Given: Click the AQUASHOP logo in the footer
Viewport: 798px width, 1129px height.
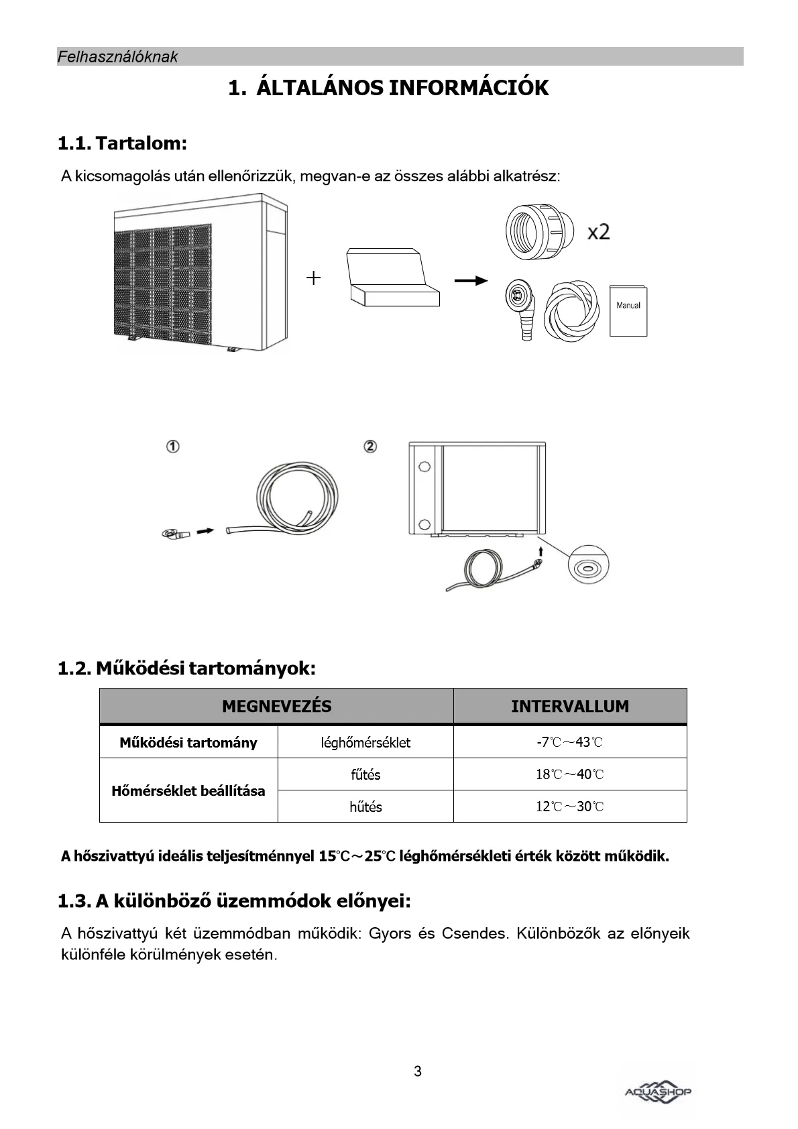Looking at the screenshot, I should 658,1091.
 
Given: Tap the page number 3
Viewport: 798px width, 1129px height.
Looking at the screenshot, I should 418,1071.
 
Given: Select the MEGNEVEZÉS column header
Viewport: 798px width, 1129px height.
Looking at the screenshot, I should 276,706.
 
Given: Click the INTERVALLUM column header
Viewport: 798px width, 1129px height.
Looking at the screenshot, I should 570,706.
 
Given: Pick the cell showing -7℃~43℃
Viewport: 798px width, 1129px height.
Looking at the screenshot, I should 570,742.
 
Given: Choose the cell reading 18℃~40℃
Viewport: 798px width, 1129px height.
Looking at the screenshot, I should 570,774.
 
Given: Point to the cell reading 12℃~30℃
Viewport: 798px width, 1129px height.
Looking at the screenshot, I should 570,807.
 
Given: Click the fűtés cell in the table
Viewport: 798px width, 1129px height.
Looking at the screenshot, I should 365,774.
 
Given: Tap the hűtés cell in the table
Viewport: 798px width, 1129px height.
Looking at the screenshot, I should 365,807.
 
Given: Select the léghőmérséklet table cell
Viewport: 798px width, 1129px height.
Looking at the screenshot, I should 365,742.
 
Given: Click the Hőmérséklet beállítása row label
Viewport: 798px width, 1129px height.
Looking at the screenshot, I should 188,790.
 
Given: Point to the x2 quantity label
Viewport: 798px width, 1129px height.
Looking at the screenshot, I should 598,232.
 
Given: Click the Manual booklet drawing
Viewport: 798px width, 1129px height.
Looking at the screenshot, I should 628,310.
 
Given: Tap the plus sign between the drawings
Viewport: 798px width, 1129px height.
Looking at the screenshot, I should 313,278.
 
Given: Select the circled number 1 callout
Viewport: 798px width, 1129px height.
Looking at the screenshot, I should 173,447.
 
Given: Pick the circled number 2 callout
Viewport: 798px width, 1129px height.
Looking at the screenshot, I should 369,447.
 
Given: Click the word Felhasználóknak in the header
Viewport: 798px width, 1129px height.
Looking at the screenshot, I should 117,57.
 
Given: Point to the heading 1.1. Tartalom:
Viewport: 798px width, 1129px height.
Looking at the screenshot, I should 122,143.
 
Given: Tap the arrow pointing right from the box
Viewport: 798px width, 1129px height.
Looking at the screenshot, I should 471,280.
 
